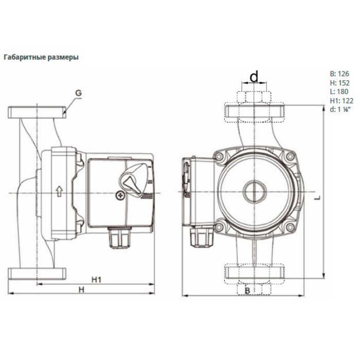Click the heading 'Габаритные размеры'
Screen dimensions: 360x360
41,57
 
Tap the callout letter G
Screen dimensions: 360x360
79,93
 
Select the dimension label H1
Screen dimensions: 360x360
97,280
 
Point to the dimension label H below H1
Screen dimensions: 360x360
81,290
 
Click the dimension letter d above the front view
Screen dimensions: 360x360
254,77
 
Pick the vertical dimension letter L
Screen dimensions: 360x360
317,197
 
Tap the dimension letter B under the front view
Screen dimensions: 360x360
247,291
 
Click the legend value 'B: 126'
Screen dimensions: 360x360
339,74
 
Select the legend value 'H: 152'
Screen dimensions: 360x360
340,83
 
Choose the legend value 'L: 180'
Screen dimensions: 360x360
339,92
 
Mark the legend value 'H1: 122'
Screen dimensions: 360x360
342,101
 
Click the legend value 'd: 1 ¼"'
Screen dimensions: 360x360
340,110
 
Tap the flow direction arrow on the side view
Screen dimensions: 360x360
59,191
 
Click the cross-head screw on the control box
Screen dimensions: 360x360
120,195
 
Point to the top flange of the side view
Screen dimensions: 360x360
37,113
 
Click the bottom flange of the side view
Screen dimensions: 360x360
37,274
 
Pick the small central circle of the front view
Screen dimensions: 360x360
255,191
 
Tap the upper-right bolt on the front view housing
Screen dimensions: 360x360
290,156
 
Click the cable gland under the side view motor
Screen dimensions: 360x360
120,238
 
